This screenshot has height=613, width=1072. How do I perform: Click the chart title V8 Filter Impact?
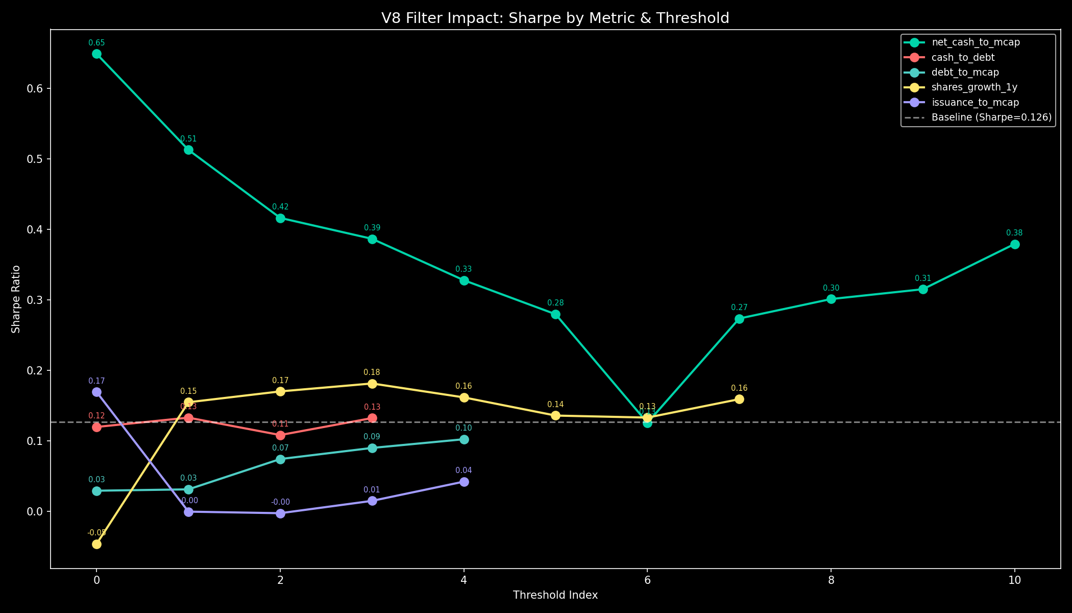click(x=555, y=18)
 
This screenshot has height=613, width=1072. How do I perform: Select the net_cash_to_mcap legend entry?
click(x=976, y=42)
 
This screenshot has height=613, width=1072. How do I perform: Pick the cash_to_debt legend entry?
click(x=963, y=57)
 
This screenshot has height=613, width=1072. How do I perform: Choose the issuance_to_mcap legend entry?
click(x=975, y=102)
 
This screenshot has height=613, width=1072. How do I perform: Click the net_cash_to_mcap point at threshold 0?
click(x=96, y=54)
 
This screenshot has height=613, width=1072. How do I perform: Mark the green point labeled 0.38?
click(x=1015, y=245)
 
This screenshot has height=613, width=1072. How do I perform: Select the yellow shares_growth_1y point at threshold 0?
click(x=96, y=545)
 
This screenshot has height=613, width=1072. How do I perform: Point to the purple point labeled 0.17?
click(x=96, y=392)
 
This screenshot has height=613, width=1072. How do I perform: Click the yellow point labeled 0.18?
click(x=372, y=384)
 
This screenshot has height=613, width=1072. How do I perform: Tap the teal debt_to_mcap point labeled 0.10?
click(x=464, y=440)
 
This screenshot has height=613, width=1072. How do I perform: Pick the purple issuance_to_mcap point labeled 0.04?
click(x=464, y=482)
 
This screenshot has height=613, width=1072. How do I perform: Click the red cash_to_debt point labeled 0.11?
click(x=280, y=436)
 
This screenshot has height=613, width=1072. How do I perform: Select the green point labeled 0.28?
click(x=555, y=315)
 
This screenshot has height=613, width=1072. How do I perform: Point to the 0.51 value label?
click(x=188, y=139)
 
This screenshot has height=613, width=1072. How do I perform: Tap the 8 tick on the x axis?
click(x=831, y=580)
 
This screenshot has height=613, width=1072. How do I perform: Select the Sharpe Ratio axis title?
click(x=16, y=299)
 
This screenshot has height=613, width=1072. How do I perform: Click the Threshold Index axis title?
click(x=555, y=595)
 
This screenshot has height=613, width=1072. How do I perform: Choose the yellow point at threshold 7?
click(x=739, y=399)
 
